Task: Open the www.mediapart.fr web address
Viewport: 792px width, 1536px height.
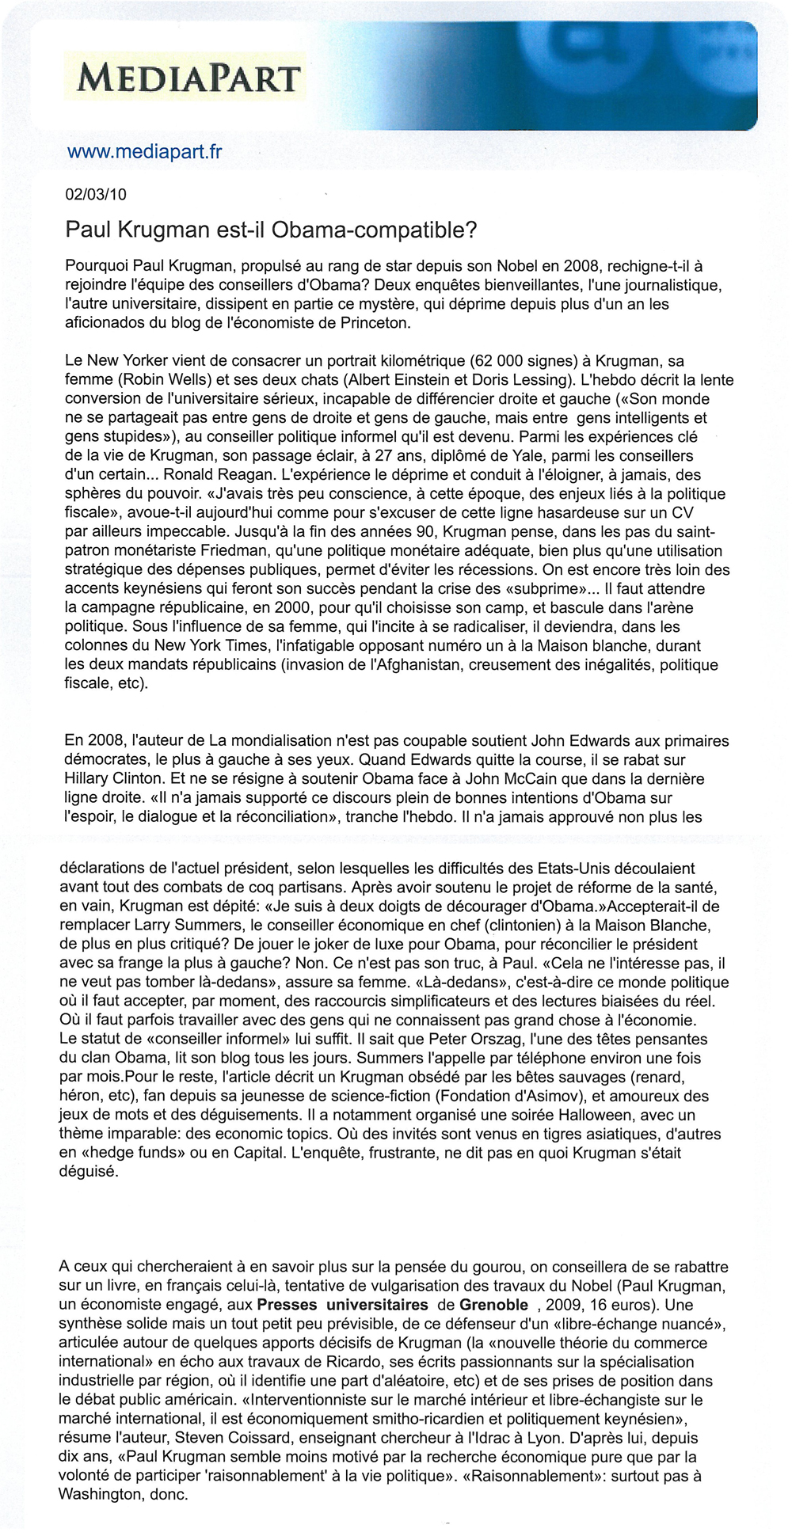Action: point(145,151)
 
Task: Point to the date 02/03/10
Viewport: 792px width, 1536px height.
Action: point(96,195)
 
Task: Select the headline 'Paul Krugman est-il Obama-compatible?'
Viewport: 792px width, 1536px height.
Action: point(272,230)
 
